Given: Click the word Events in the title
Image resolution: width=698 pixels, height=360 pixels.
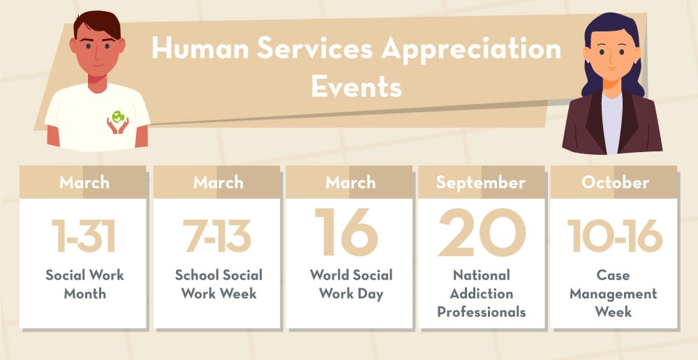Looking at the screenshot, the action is tap(357, 87).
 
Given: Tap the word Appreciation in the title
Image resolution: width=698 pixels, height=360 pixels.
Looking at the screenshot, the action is tap(471, 50).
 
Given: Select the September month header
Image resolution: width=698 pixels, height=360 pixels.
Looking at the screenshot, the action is tap(480, 183).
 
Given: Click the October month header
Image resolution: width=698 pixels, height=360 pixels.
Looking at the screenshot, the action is tap(615, 183).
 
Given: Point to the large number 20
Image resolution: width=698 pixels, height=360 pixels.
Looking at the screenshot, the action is tap(482, 232).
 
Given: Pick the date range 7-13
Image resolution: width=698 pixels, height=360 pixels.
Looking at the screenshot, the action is tap(218, 236).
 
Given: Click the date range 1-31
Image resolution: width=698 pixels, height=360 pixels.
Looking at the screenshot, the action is tap(83, 236).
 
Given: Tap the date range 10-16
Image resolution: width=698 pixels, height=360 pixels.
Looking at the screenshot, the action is tap(615, 235).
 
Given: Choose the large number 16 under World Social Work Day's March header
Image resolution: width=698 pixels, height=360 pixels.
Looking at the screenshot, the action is tap(347, 232).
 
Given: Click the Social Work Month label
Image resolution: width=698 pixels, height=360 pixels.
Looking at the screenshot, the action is tap(84, 285).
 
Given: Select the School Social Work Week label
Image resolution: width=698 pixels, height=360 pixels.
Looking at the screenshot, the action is tap(218, 285).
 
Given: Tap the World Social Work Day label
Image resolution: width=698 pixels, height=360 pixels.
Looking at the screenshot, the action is tap(351, 285).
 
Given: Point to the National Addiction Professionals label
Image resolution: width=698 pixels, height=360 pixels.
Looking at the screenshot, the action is tap(481, 293).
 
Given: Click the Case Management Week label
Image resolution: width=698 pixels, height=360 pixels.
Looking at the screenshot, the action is tap(614, 293).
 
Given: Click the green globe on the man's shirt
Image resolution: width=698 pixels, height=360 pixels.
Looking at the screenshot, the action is tap(118, 117).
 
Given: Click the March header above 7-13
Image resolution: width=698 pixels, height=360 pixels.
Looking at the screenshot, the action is tap(218, 183).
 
